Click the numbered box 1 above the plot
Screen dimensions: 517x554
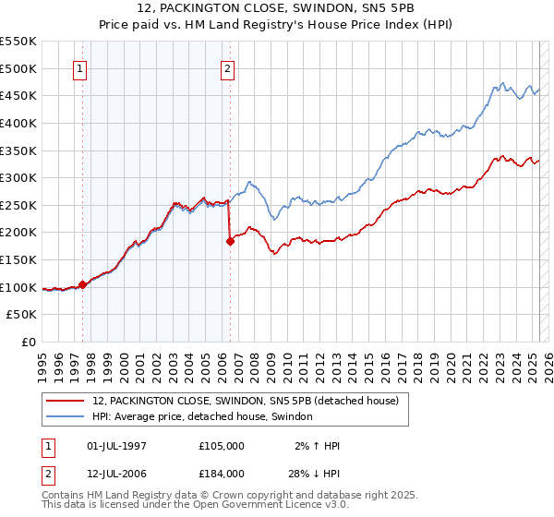coord(80,67)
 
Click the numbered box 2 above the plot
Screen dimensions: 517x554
coord(227,67)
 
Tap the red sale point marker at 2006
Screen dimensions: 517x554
coord(230,242)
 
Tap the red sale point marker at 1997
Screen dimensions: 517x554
coord(83,284)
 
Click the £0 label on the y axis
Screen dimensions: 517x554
coord(29,342)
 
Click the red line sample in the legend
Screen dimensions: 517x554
coord(66,401)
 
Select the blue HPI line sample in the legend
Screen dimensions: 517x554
coord(66,416)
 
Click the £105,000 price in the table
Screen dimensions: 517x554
coord(221,446)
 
